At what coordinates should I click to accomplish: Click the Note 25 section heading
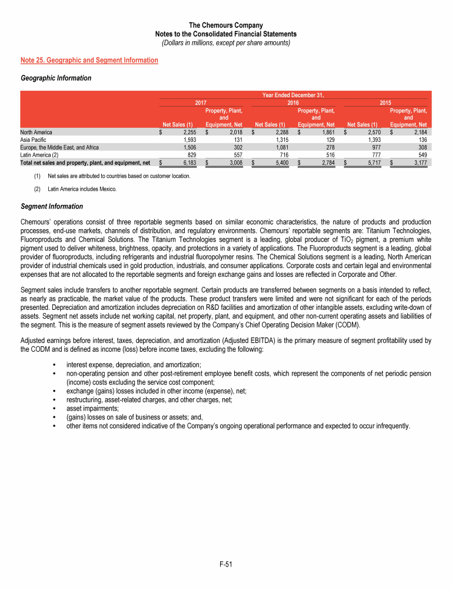pyautogui.click(x=89, y=60)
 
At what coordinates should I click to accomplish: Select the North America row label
pyautogui.click(x=36, y=133)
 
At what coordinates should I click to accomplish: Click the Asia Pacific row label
pyautogui.click(x=33, y=140)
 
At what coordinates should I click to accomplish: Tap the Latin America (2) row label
pyautogui.click(x=38, y=155)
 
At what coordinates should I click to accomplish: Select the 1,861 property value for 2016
pyautogui.click(x=325, y=133)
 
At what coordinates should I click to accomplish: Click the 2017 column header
pyautogui.click(x=201, y=102)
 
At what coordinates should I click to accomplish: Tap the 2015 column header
pyautogui.click(x=385, y=102)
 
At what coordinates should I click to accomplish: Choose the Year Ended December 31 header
pyautogui.click(x=293, y=94)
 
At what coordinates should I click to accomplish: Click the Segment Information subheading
pyautogui.click(x=52, y=207)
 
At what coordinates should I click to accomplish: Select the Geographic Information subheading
pyautogui.click(x=55, y=78)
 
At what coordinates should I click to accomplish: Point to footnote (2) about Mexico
pyautogui.click(x=82, y=188)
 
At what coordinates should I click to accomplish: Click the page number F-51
pyautogui.click(x=226, y=565)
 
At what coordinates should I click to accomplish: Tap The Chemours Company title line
pyautogui.click(x=226, y=25)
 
